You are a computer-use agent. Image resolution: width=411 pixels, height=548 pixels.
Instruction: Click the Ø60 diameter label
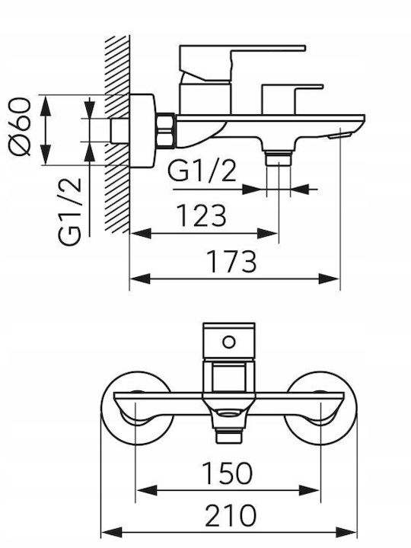20,126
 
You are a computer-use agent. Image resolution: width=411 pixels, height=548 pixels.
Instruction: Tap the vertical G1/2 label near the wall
70,212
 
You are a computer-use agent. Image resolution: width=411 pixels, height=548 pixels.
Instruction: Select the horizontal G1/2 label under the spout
202,170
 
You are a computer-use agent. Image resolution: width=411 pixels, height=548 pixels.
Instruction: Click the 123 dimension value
202,215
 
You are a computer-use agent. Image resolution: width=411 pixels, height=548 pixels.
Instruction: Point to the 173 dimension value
232,261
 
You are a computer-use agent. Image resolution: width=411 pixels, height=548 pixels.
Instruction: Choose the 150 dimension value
227,473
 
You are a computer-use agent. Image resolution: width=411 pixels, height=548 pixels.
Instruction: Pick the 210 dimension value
230,515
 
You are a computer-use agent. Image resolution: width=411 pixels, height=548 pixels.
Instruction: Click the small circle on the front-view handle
229,342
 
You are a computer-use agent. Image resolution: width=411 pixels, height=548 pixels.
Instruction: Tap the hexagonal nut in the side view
165,130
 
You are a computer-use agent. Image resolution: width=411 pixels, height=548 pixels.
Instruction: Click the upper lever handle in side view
241,63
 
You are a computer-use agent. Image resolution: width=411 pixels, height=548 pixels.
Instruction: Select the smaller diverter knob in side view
292,99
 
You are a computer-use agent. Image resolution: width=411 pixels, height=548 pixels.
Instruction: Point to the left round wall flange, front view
137,408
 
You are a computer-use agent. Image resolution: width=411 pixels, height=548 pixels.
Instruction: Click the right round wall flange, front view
320,408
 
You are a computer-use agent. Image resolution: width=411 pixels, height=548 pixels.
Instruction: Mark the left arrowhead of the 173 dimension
140,279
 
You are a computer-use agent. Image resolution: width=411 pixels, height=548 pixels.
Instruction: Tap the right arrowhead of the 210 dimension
346,532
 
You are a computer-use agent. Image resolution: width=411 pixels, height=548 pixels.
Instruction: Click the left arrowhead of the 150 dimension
146,490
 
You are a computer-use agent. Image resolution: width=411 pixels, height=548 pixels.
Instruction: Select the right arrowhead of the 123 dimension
268,234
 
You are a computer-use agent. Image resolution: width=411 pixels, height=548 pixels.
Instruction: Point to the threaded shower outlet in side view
279,158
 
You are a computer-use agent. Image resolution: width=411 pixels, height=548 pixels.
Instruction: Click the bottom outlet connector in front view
229,435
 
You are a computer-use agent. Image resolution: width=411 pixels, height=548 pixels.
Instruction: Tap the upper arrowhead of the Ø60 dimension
46,105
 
